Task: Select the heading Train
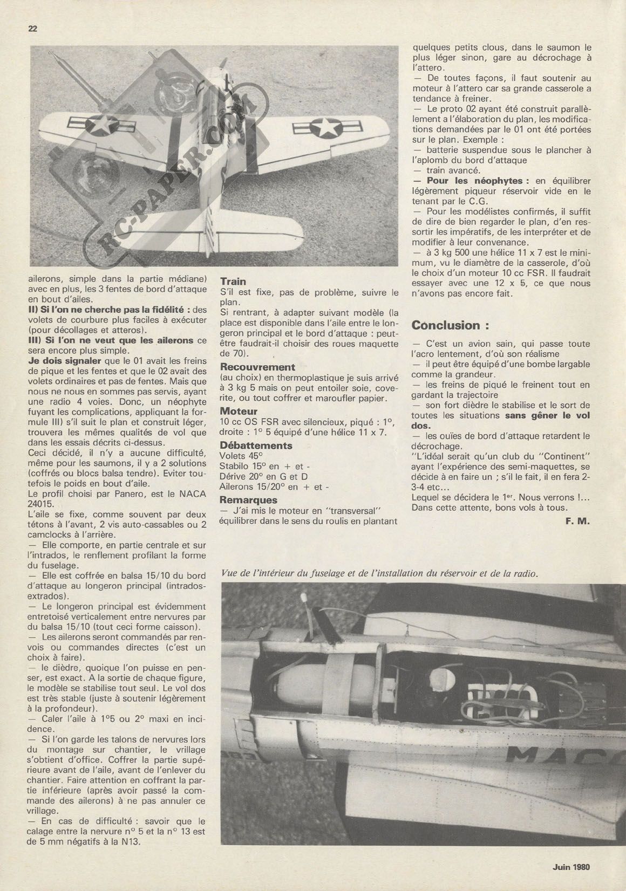pos(233,281)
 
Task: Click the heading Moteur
pos(239,411)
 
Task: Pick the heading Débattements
pos(256,445)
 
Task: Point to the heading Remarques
pos(248,500)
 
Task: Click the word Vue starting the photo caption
pos(229,573)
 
